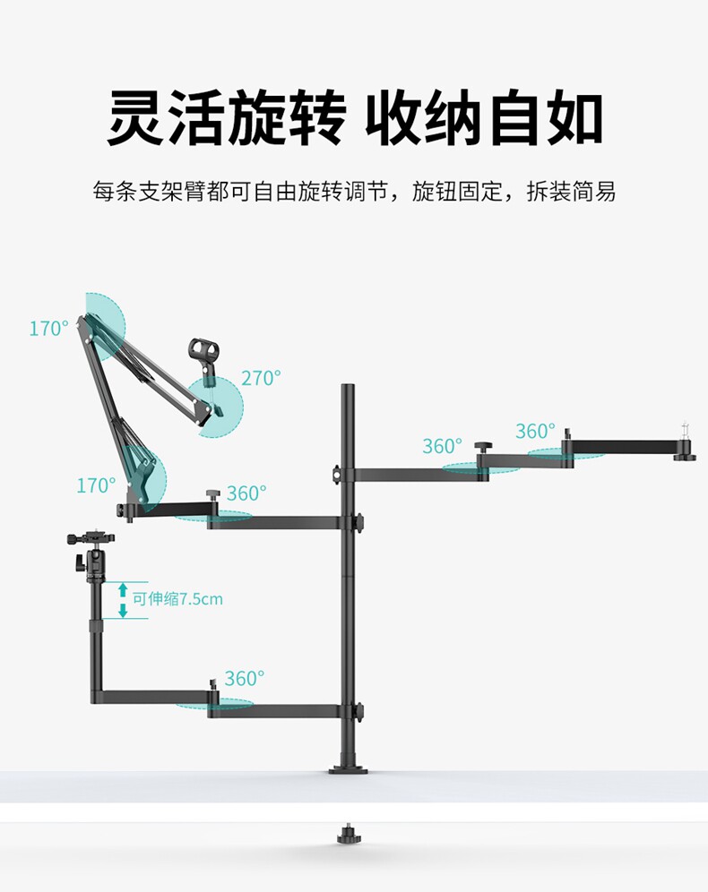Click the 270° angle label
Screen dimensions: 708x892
tap(261, 378)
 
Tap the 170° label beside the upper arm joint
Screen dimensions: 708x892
tap(49, 329)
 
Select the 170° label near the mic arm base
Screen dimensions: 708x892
tap(96, 485)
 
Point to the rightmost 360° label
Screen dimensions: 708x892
tap(536, 431)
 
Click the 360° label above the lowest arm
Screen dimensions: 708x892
tap(245, 678)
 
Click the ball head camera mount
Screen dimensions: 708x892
tap(91, 555)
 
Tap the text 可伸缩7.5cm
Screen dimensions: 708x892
tap(177, 598)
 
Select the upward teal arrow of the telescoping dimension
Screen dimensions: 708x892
tap(123, 590)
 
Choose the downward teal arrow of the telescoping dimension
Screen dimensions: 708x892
tap(123, 611)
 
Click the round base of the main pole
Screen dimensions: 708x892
tap(348, 770)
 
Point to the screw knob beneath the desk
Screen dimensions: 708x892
tap(345, 833)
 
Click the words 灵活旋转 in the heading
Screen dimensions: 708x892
tap(227, 117)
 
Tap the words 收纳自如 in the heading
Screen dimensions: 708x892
tap(484, 117)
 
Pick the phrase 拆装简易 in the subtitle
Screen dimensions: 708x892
tap(571, 192)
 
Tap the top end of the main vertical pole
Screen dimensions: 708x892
tap(348, 386)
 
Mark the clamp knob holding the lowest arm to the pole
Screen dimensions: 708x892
tap(359, 711)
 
